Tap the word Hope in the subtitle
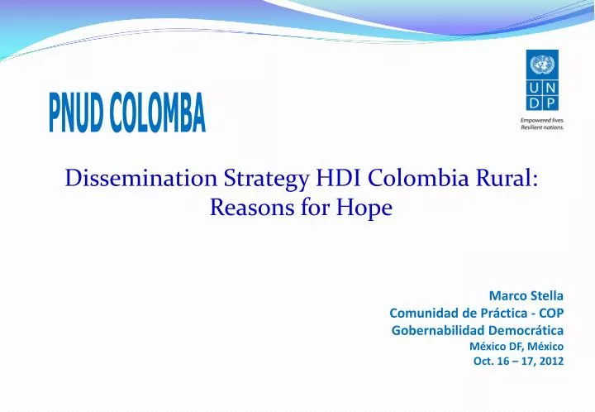(x=366, y=208)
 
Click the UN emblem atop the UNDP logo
(x=542, y=64)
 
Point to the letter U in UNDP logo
(x=534, y=88)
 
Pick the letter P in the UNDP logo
(x=550, y=103)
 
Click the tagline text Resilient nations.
(x=542, y=127)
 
